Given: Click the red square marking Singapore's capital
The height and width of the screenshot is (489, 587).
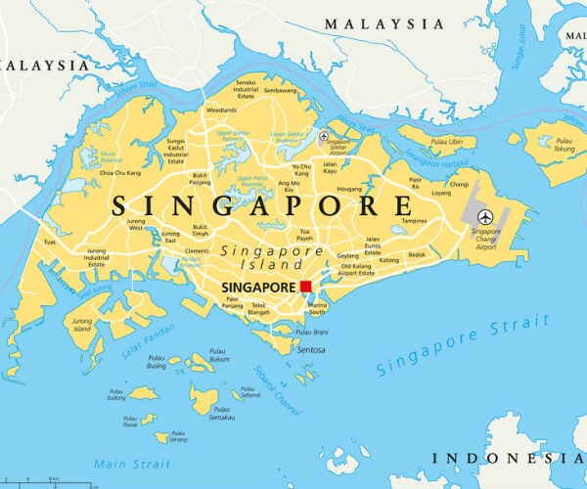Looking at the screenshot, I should pos(306,287).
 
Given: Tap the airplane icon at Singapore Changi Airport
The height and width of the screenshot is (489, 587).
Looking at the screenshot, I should pos(483,216).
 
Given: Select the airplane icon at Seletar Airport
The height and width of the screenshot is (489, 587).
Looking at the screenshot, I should pos(324,136).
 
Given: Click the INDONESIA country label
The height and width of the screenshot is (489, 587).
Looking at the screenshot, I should pos(509,457).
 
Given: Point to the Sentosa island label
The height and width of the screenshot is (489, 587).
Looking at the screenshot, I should pos(310,349).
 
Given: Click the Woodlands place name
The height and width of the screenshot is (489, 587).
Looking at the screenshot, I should pos(221,111).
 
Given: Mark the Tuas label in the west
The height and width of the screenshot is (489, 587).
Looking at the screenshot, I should pos(49,242).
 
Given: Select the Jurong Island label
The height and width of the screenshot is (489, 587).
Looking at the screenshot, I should pos(80,326).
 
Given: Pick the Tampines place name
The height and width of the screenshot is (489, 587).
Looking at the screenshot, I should pos(416,221).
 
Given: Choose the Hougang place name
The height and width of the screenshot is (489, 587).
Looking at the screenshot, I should pos(349,188).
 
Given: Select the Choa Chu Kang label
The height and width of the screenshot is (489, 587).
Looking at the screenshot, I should pos(119,173).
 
